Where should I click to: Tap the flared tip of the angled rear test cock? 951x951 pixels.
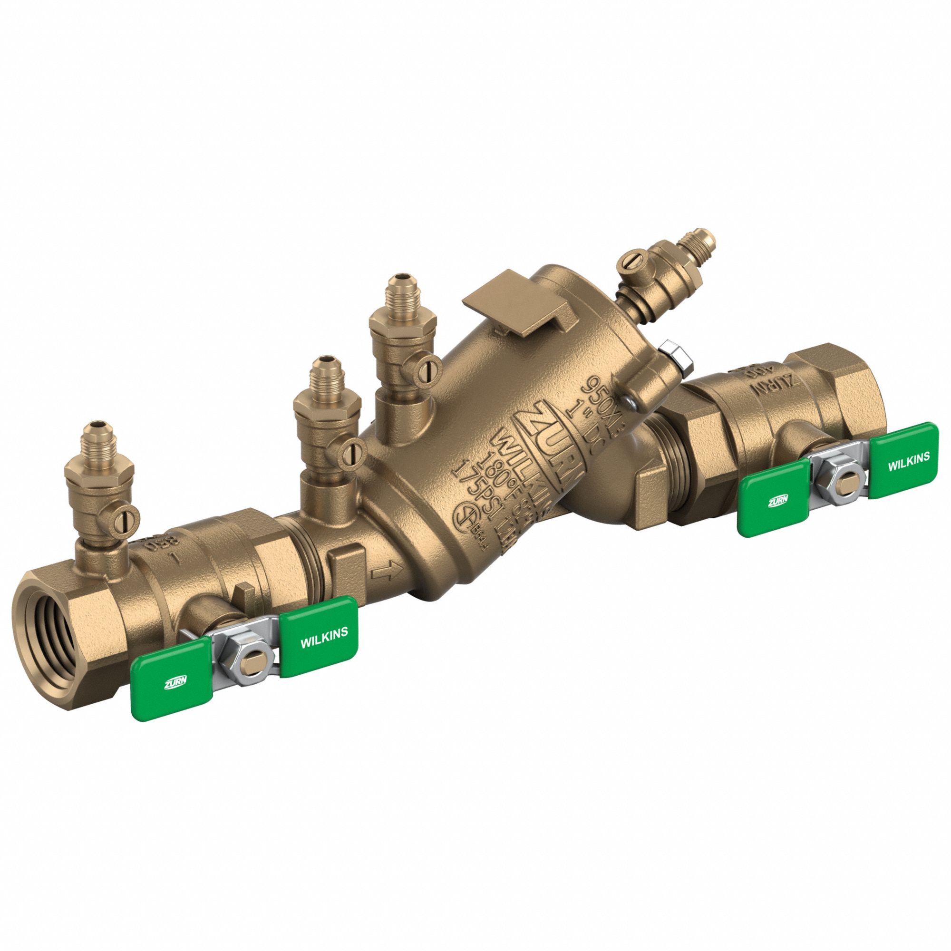[704, 242]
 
